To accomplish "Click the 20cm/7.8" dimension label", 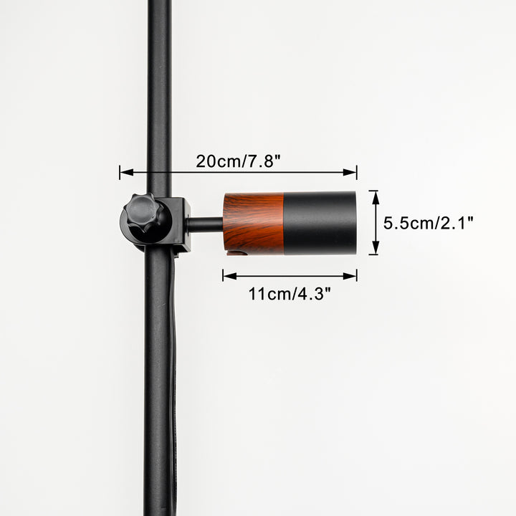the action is coord(238,161).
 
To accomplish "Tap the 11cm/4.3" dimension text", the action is coord(290,294).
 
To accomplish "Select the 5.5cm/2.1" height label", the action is coord(428,223).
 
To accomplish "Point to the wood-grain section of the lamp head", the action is coord(254,223).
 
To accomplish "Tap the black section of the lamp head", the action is coord(320,223).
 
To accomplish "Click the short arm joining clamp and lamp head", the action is coord(206,224).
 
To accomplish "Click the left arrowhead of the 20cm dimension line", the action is coord(127,172).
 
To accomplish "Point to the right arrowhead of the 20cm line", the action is coord(350,172).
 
